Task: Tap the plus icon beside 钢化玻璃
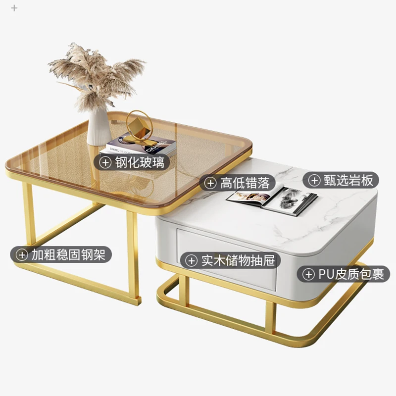pyautogui.click(x=105, y=162)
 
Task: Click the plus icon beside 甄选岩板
pyautogui.click(x=314, y=180)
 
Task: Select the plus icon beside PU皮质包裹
pyautogui.click(x=308, y=273)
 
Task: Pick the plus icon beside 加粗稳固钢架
pyautogui.click(x=22, y=254)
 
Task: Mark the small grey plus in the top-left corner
pyautogui.click(x=14, y=8)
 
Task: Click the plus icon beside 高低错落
pyautogui.click(x=211, y=183)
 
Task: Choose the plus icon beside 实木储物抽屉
pyautogui.click(x=191, y=260)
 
